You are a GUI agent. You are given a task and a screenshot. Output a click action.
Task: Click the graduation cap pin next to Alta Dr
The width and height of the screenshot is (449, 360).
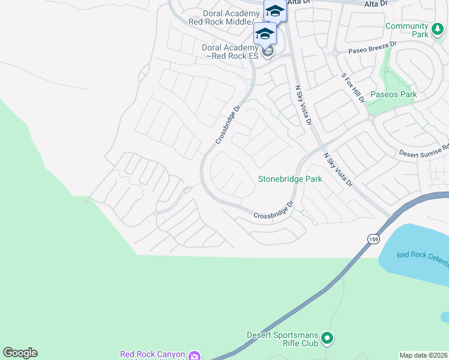[x=275, y=11]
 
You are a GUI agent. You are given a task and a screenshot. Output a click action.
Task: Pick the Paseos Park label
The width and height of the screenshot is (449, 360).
[x=393, y=95]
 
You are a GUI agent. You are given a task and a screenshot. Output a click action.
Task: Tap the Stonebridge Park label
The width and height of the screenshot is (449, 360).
[x=290, y=179]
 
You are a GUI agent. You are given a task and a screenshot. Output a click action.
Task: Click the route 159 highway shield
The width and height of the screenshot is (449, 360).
[x=373, y=238]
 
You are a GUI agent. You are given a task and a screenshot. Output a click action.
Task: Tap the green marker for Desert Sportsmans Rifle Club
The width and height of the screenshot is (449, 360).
[x=327, y=339]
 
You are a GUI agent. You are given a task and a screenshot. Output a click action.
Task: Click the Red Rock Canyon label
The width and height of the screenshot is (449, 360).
[x=153, y=355]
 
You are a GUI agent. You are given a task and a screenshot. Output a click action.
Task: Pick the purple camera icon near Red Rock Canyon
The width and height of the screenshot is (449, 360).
[x=194, y=356]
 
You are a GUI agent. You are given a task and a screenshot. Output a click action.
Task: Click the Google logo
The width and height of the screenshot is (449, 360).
[x=20, y=353]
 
